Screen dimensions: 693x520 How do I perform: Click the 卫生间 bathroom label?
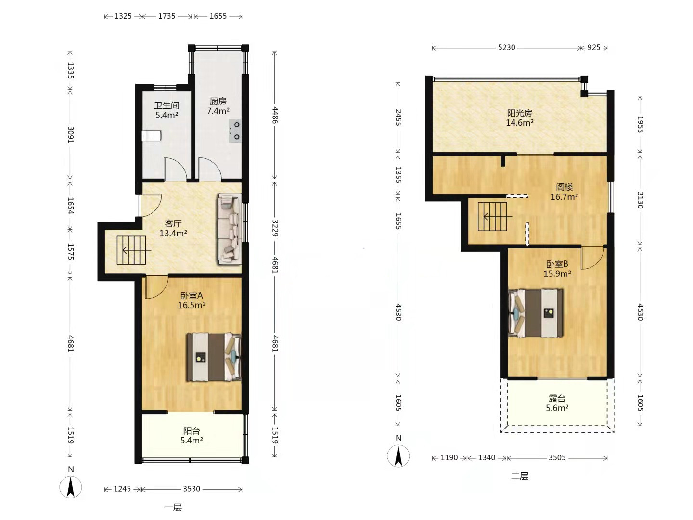pyautogui.click(x=167, y=105)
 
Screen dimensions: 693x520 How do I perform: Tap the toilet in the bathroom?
pyautogui.click(x=152, y=136)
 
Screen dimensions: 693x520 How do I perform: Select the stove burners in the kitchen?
pyautogui.click(x=235, y=130)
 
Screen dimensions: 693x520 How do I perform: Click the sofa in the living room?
pyautogui.click(x=229, y=229)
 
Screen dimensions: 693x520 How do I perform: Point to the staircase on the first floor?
pyautogui.click(x=131, y=250)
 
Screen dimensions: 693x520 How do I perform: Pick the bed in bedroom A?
pyautogui.click(x=214, y=357)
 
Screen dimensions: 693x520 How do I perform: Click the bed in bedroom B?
pyautogui.click(x=536, y=313)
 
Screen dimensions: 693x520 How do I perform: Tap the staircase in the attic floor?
pyautogui.click(x=492, y=217)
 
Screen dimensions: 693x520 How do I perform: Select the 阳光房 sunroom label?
pyautogui.click(x=520, y=113)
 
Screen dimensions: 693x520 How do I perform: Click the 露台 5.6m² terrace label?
pyautogui.click(x=557, y=403)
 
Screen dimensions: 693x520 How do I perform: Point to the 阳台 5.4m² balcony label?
pyautogui.click(x=192, y=435)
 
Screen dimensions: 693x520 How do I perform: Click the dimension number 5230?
pyautogui.click(x=506, y=47)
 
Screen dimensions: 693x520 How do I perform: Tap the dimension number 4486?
pyautogui.click(x=275, y=115)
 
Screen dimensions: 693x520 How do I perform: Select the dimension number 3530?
pyautogui.click(x=192, y=489)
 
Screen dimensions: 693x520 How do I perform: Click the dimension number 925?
pyautogui.click(x=593, y=47)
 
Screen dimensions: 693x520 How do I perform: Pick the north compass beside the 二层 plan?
pyautogui.click(x=398, y=455)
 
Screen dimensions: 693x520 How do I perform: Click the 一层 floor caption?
pyautogui.click(x=173, y=507)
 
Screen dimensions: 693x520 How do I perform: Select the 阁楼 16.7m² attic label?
pyautogui.click(x=564, y=192)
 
